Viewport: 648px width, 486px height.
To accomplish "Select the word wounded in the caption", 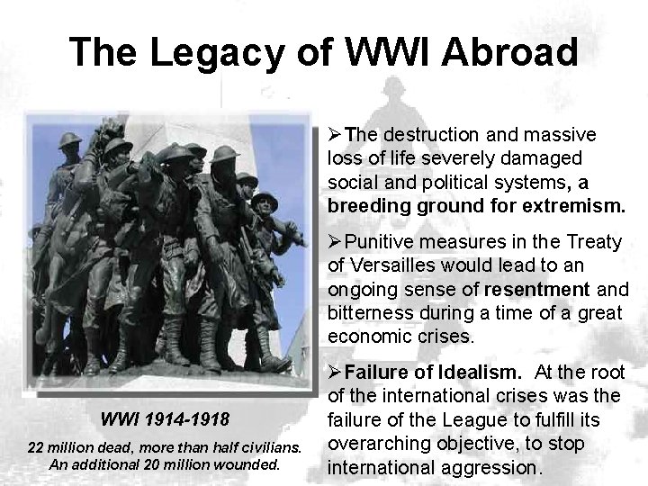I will coord(256,465).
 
